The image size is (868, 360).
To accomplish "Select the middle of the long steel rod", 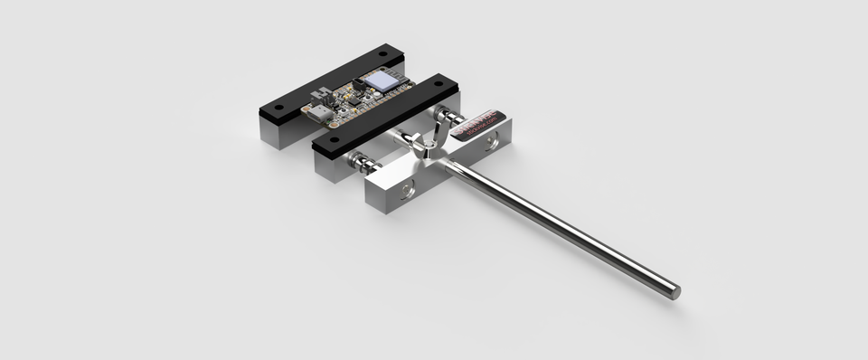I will point(561,225).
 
